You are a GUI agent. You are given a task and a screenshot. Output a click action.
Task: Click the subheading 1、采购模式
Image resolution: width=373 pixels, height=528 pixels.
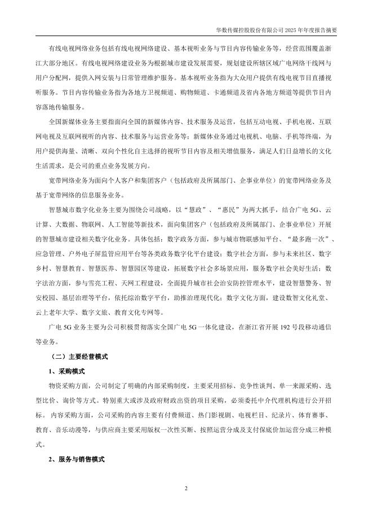66,371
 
